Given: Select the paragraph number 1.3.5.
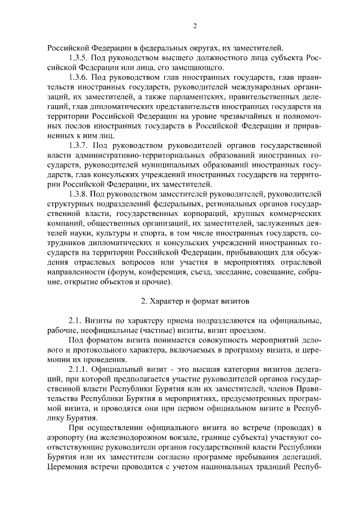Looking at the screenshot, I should (x=79, y=58).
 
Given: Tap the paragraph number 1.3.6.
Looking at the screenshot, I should (x=79, y=77).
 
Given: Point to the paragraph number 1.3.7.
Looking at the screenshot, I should (x=79, y=145).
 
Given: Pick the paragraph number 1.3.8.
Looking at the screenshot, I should (x=79, y=193).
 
